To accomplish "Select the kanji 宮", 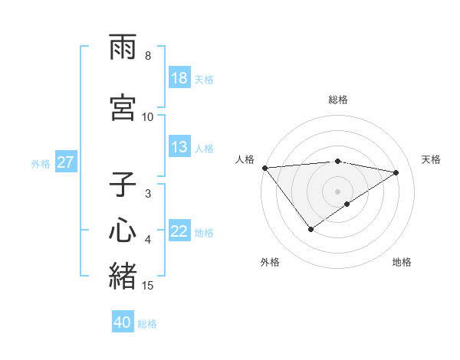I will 123,107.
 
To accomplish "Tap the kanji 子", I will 123,186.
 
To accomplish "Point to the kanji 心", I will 123,231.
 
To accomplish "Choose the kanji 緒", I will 123,276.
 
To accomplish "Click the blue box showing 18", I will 179,78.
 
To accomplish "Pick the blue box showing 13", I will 179,148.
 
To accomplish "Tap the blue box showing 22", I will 179,232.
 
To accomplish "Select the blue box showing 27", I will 65,162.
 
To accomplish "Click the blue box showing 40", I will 123,323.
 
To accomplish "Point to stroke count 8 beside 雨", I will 148,56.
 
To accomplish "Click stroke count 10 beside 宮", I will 148,117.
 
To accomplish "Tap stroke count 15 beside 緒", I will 148,286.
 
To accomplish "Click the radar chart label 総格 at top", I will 338,100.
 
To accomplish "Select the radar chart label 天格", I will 431,159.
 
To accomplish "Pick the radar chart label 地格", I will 402,262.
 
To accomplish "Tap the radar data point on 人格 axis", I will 264,168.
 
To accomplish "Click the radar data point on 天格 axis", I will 396,172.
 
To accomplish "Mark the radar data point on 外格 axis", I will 310,229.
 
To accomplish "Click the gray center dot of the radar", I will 338,191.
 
